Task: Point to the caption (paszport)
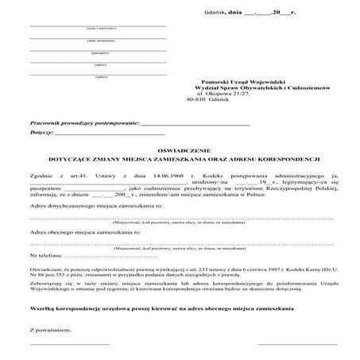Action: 99,52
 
